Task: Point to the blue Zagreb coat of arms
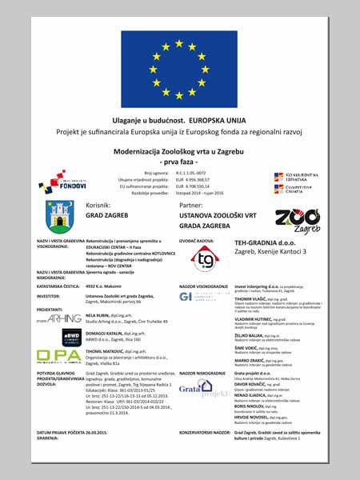(62, 217)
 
